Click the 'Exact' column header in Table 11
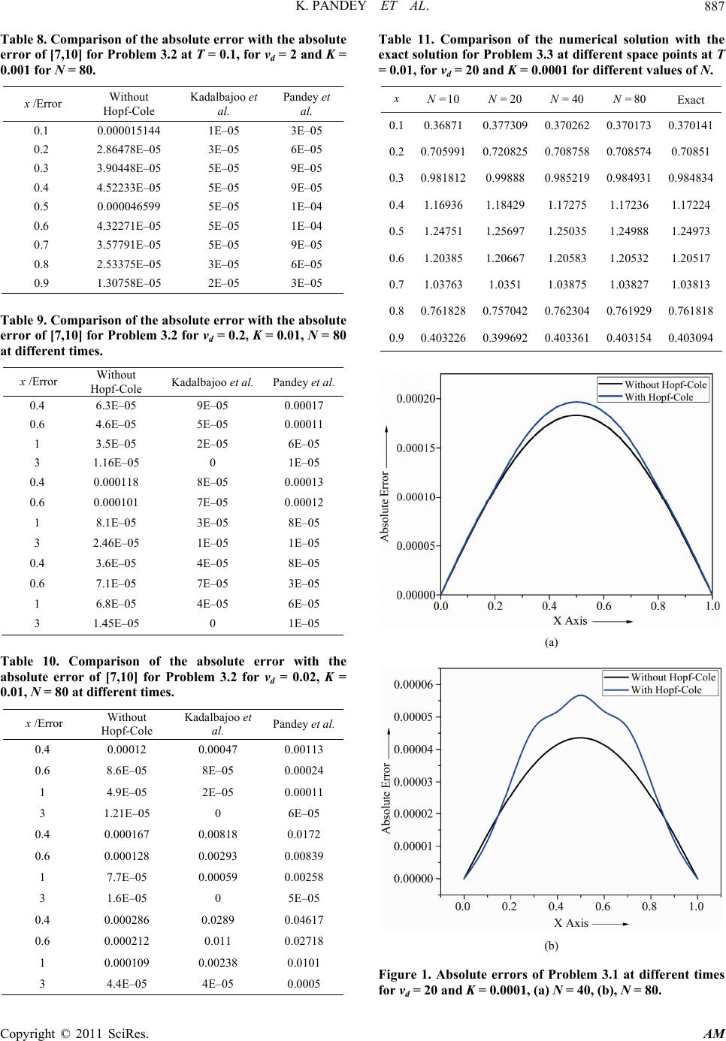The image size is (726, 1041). (691, 100)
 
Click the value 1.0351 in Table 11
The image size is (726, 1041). (504, 284)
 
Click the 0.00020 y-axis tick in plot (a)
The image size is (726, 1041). (414, 398)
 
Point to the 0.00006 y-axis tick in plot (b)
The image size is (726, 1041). (413, 685)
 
